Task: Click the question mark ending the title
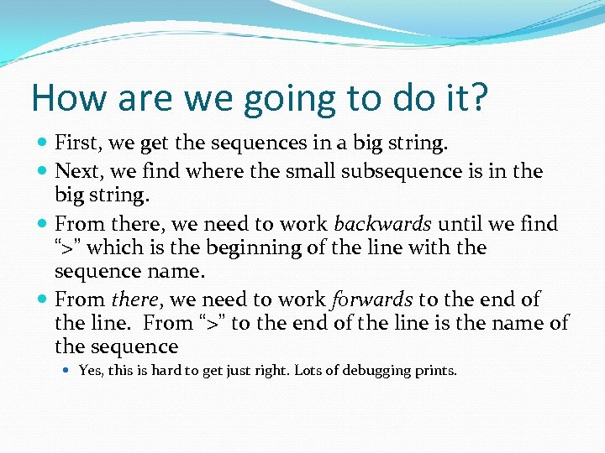[476, 97]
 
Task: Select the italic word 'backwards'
[382, 224]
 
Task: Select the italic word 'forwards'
[371, 299]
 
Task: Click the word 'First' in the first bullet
[74, 143]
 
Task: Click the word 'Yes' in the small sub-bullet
[89, 370]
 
